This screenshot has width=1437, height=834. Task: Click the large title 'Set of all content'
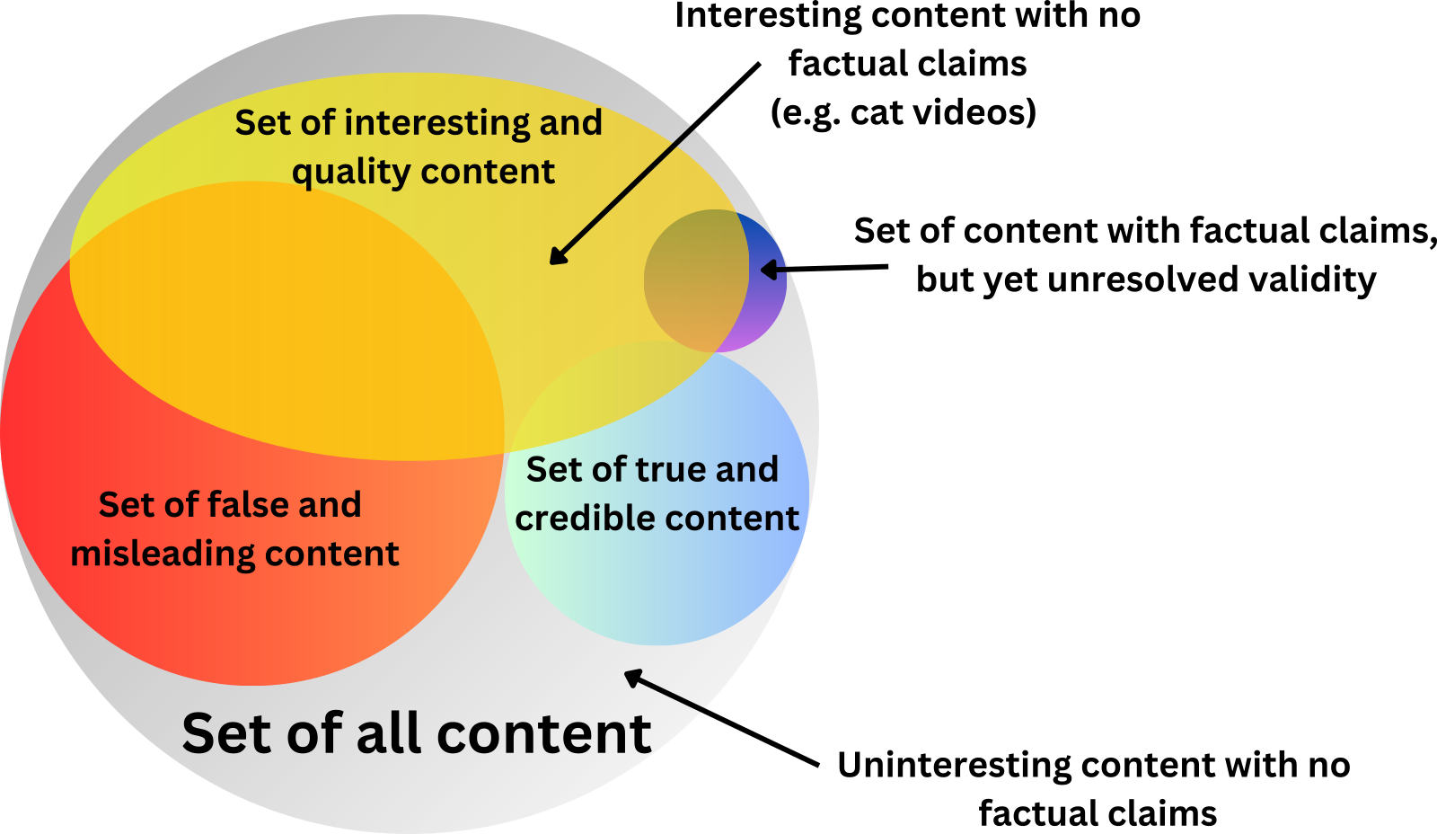416,733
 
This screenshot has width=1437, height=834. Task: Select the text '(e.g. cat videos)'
904,112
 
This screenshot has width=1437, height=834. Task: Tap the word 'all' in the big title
392,733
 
